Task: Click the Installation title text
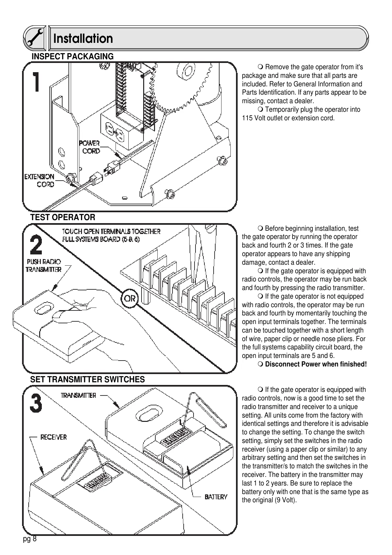click(x=83, y=39)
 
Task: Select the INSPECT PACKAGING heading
click(x=72, y=57)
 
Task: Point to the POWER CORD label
click(x=90, y=147)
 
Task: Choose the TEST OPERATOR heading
click(x=63, y=218)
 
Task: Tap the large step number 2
click(x=36, y=245)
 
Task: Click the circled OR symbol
click(x=130, y=298)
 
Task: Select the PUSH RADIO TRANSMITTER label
click(x=44, y=266)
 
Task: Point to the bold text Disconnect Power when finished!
click(x=316, y=364)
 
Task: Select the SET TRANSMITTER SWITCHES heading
click(x=88, y=380)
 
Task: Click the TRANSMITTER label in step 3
click(x=78, y=395)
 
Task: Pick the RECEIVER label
click(x=53, y=437)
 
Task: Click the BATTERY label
click(x=216, y=497)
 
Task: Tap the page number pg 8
click(x=30, y=539)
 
